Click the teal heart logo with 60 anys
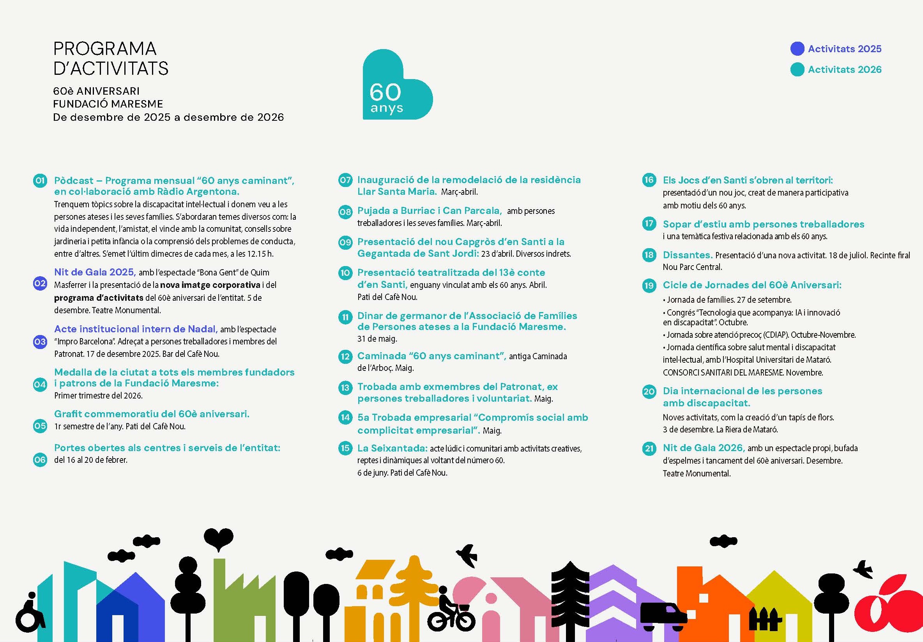(396, 86)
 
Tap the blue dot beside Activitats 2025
(797, 49)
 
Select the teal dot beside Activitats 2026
(797, 69)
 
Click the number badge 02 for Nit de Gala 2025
(40, 284)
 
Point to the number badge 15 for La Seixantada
(345, 448)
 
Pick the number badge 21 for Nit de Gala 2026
(649, 448)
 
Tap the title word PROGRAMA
(105, 49)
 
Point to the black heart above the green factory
(218, 538)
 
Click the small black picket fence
(765, 619)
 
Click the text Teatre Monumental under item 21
(696, 474)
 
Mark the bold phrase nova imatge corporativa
(210, 285)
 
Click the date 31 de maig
(377, 339)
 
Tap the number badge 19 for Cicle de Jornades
(649, 286)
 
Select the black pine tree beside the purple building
(570, 599)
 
